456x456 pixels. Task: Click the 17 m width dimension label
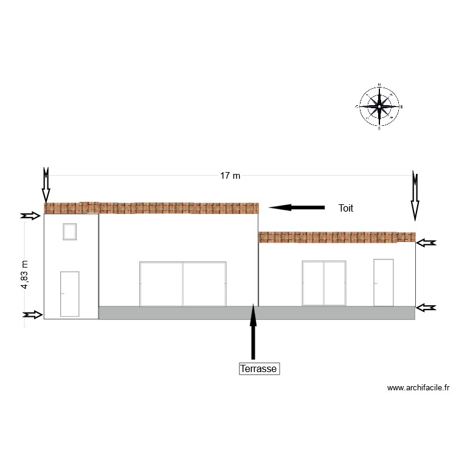click(230, 176)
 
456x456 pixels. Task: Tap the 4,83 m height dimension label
click(25, 275)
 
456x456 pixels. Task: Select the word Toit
click(346, 208)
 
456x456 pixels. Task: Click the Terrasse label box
click(259, 368)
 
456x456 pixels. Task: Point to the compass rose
click(379, 106)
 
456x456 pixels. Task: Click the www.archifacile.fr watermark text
click(418, 387)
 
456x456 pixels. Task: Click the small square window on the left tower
click(69, 232)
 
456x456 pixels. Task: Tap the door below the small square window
click(69, 294)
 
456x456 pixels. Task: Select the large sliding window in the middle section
click(182, 284)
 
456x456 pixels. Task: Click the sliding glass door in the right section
click(324, 283)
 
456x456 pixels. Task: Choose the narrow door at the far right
click(383, 282)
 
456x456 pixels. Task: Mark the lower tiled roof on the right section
click(337, 237)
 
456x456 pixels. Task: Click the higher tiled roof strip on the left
click(151, 208)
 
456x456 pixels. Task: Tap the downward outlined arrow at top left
click(46, 185)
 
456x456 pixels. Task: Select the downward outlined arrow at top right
click(415, 196)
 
